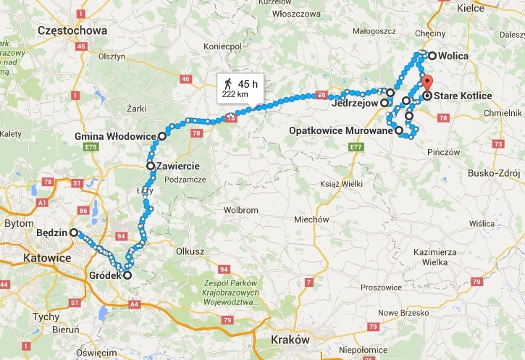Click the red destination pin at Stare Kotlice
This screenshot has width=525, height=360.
click(x=427, y=83)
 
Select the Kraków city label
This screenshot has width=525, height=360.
click(x=290, y=340)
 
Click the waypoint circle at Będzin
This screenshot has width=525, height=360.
click(x=73, y=233)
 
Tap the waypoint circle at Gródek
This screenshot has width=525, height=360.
click(x=127, y=275)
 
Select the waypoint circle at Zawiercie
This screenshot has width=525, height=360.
click(x=151, y=166)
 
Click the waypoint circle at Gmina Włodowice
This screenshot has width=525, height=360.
click(x=162, y=135)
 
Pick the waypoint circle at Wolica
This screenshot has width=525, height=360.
click(x=432, y=56)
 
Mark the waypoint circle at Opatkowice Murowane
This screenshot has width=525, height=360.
click(x=399, y=130)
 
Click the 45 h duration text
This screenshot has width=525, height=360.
click(x=248, y=83)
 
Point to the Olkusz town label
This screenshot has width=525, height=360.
click(x=186, y=251)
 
